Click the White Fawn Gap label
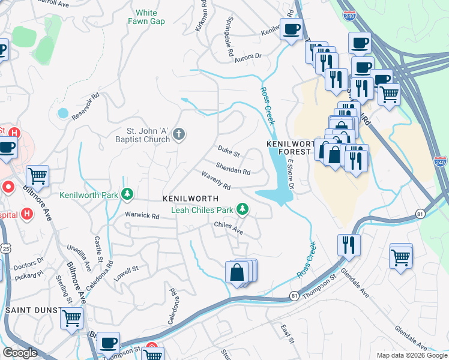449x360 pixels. pos(146,17)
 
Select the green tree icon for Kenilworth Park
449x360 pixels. pos(127,194)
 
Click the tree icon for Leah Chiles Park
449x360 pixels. pos(243,209)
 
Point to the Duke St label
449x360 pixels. pos(229,154)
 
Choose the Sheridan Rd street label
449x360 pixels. pos(233,170)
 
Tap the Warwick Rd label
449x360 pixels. pos(142,215)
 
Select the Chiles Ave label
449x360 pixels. pos(228,227)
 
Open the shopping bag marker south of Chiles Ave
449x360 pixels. pos(238,272)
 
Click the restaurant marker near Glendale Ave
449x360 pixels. pos(348,245)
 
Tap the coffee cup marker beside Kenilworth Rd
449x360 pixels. pos(292,29)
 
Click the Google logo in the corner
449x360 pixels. pos(20,353)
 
